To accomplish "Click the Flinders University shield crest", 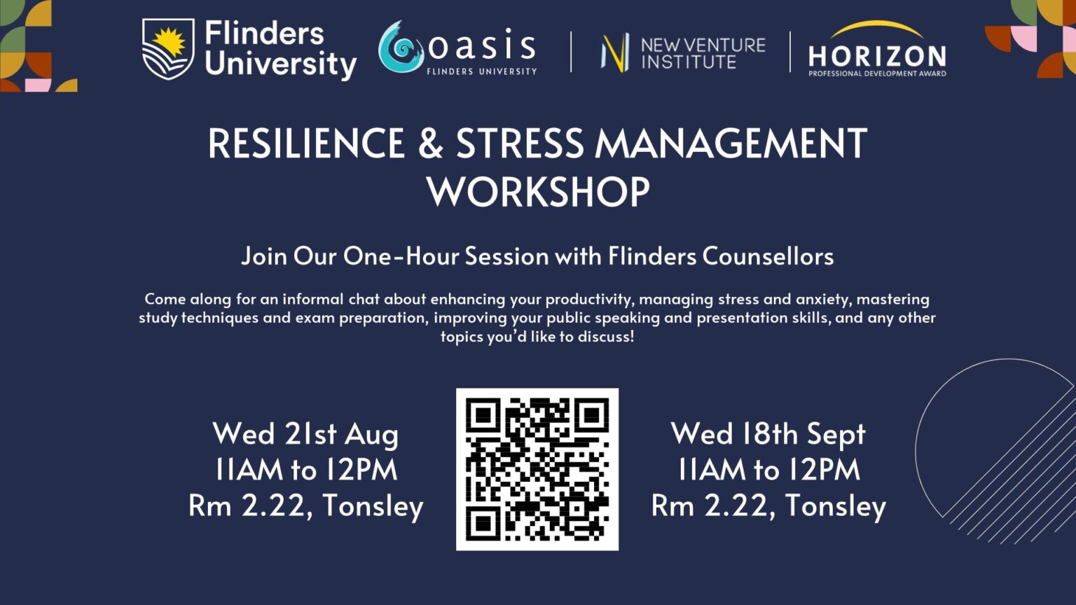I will (x=168, y=48).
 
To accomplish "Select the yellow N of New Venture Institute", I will (x=615, y=53).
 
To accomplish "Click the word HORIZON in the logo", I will (x=877, y=55).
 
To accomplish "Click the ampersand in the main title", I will (x=431, y=144).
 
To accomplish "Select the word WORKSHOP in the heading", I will (x=538, y=192).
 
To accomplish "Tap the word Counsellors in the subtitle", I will (x=768, y=256).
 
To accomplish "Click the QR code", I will (x=537, y=469).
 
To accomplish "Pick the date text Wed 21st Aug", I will (x=305, y=434).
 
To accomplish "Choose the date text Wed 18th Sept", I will (x=768, y=434).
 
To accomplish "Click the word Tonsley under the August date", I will (x=373, y=506).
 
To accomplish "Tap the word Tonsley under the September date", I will (x=835, y=506).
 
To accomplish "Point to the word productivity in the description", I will (x=589, y=299).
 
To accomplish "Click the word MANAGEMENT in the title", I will (x=731, y=144).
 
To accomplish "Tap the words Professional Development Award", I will (x=877, y=74).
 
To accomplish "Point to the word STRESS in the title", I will (x=520, y=144).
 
